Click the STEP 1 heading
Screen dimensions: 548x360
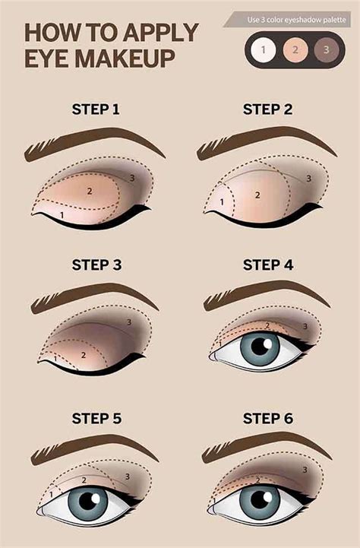[95, 110]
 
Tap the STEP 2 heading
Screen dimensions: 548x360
[267, 110]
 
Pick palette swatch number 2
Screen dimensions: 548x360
[295, 50]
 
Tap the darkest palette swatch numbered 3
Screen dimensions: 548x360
[327, 50]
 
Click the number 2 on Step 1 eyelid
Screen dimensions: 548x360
[89, 190]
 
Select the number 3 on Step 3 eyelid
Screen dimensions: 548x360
[129, 322]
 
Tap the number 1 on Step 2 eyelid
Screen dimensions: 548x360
[222, 201]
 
